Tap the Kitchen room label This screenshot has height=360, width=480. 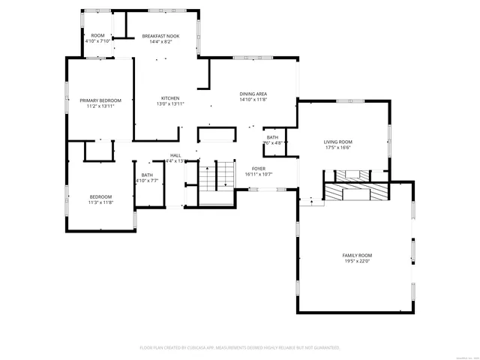pos(170,97)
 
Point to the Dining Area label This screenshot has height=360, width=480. pos(253,93)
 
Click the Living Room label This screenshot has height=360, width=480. pos(337,142)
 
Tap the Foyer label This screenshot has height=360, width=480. pos(259,168)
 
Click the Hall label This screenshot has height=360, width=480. pos(174,155)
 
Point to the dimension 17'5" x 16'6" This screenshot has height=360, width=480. pos(337,148)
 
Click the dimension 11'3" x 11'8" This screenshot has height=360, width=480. pos(100,202)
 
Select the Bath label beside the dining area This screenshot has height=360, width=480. pos(271,137)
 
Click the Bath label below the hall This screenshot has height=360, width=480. pos(147,175)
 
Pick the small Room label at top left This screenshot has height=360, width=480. pos(97,35)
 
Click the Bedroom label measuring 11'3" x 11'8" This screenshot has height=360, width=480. pos(100,196)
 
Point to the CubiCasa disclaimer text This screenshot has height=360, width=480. pos(240,347)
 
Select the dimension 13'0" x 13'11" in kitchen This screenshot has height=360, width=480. pos(170,103)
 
